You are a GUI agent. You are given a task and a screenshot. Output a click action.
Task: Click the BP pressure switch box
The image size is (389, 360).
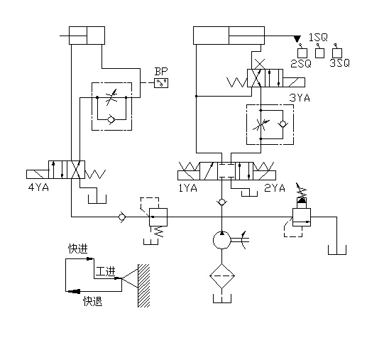tap(161, 83)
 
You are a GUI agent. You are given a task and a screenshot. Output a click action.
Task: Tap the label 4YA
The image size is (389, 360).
tap(38, 187)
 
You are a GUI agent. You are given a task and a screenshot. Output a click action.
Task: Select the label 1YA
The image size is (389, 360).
tap(188, 188)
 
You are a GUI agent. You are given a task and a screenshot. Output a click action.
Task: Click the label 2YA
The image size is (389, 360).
tap(275, 188)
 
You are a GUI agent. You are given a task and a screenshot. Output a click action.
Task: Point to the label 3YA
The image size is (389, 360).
tap(300, 98)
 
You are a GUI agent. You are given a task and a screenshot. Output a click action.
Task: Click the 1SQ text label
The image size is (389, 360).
tap(318, 37)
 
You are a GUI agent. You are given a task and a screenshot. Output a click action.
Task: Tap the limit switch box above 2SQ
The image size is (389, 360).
tap(302, 53)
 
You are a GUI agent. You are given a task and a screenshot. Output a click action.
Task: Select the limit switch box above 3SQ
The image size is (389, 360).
tap(337, 53)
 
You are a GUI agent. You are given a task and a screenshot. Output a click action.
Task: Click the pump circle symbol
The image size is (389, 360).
tap(222, 240)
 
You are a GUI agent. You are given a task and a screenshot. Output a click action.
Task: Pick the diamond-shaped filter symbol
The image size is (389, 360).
tap(222, 276)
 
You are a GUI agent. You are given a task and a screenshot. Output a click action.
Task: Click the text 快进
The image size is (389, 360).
tap(78, 249)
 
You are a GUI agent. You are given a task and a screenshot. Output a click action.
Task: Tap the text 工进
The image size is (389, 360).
tap(106, 271)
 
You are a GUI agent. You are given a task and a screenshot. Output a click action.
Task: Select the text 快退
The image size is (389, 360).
tap(92, 302)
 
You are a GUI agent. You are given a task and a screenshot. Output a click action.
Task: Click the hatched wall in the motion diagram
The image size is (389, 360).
tap(144, 285)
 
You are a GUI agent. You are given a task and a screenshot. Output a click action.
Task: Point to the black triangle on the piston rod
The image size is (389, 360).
tap(297, 39)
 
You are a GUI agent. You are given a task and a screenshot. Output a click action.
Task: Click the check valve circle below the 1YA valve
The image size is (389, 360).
tap(222, 202)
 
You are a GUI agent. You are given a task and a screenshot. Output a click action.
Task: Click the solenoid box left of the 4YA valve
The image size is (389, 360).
tap(38, 174)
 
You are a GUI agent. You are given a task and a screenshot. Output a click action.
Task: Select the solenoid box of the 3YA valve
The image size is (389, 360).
tap(294, 82)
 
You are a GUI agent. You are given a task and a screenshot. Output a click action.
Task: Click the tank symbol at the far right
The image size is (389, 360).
tap(337, 250)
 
